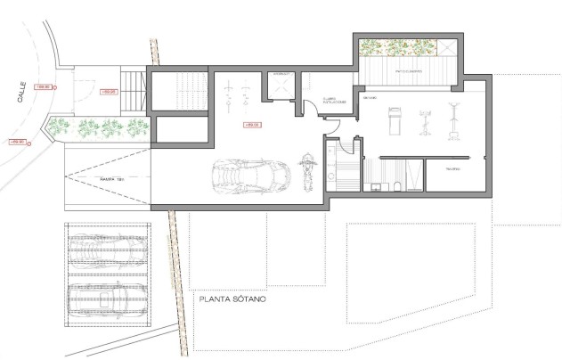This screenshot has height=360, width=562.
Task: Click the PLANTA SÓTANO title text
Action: (x=232, y=299)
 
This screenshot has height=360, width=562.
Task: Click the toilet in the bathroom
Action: (x=375, y=185)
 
